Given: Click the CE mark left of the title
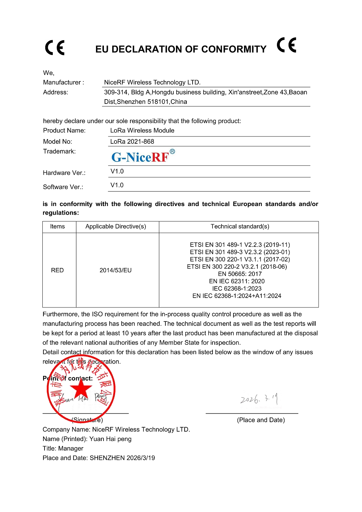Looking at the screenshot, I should point(55,48).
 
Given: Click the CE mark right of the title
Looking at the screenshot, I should point(287,45).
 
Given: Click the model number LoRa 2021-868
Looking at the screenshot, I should point(132,142).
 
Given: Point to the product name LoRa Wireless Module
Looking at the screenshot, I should point(142,130).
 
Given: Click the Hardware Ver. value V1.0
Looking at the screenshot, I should point(117,171).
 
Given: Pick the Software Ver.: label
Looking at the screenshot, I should point(63,187).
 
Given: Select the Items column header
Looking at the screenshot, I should point(58,227).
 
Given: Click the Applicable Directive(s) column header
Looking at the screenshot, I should point(116,227).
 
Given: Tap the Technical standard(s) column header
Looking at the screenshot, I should point(240,227).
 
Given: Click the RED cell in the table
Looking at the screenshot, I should point(58,270).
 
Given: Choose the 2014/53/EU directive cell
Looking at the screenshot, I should point(116,270).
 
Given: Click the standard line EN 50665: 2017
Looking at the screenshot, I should point(240,274).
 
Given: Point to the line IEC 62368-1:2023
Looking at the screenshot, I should point(237,289).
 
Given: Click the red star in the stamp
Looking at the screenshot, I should point(81,389).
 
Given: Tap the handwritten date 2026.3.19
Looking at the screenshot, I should point(259,399).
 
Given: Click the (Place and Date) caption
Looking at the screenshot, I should point(261,420).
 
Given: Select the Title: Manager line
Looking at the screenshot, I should point(63,448).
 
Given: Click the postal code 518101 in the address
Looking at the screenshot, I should point(158,102).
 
